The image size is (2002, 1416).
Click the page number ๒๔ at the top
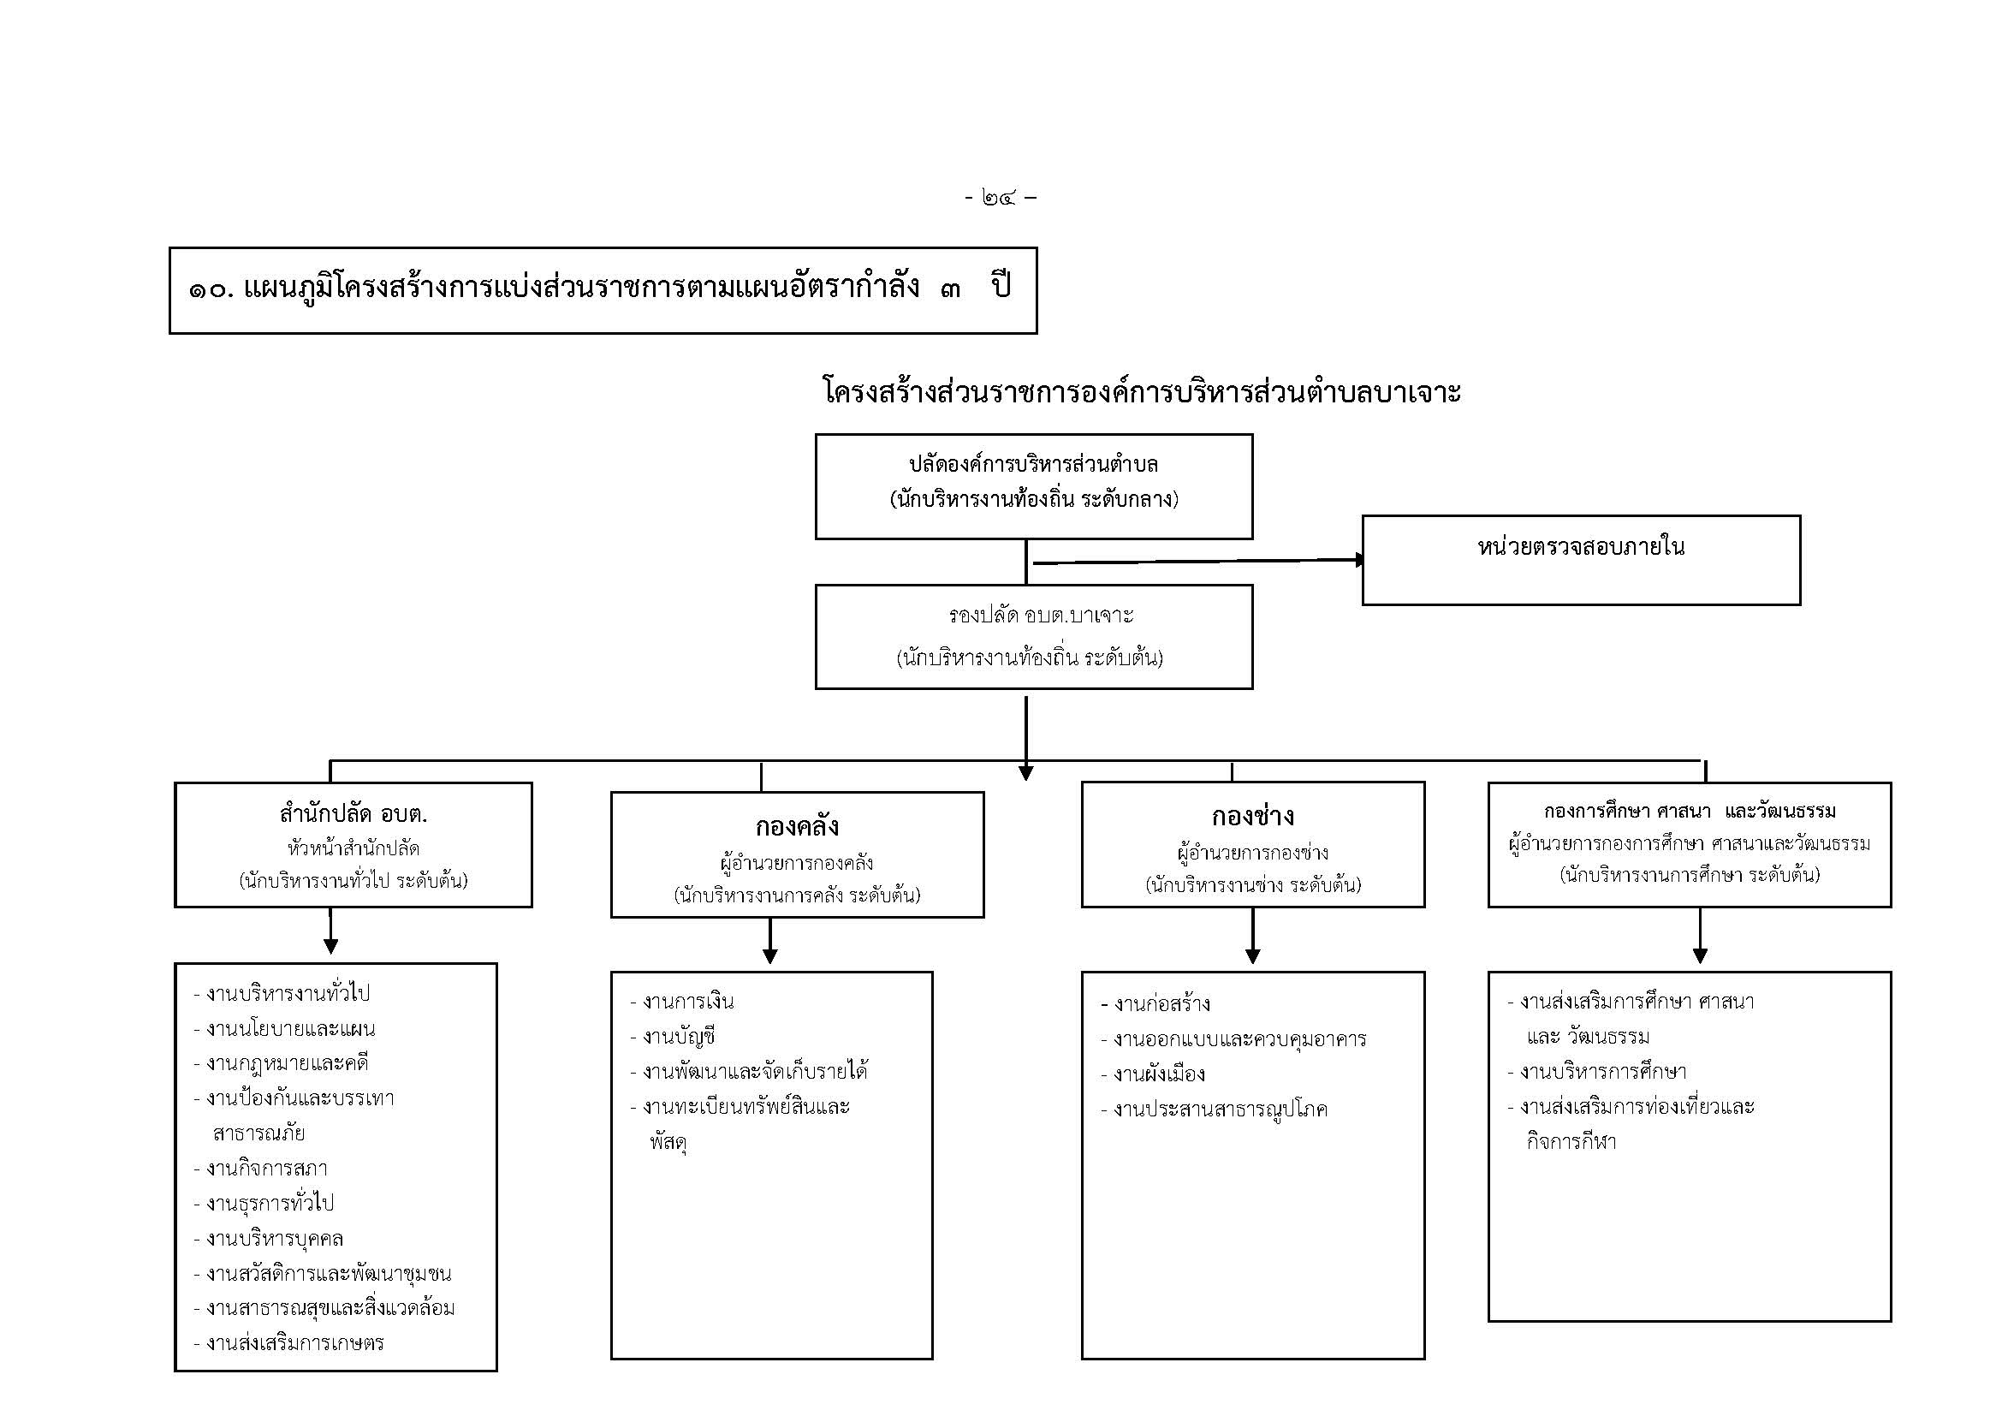999,198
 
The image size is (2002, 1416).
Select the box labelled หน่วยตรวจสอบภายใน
1580,559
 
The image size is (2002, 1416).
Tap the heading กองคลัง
797,825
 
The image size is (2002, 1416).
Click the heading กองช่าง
1252,817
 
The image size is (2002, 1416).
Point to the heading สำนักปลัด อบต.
353,814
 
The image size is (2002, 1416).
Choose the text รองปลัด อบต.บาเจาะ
1041,616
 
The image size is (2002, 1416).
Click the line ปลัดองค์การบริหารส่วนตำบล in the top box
1033,464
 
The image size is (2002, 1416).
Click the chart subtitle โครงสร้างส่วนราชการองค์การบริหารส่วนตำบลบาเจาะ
1143,392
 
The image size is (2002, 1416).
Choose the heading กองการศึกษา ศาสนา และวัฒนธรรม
1689,812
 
